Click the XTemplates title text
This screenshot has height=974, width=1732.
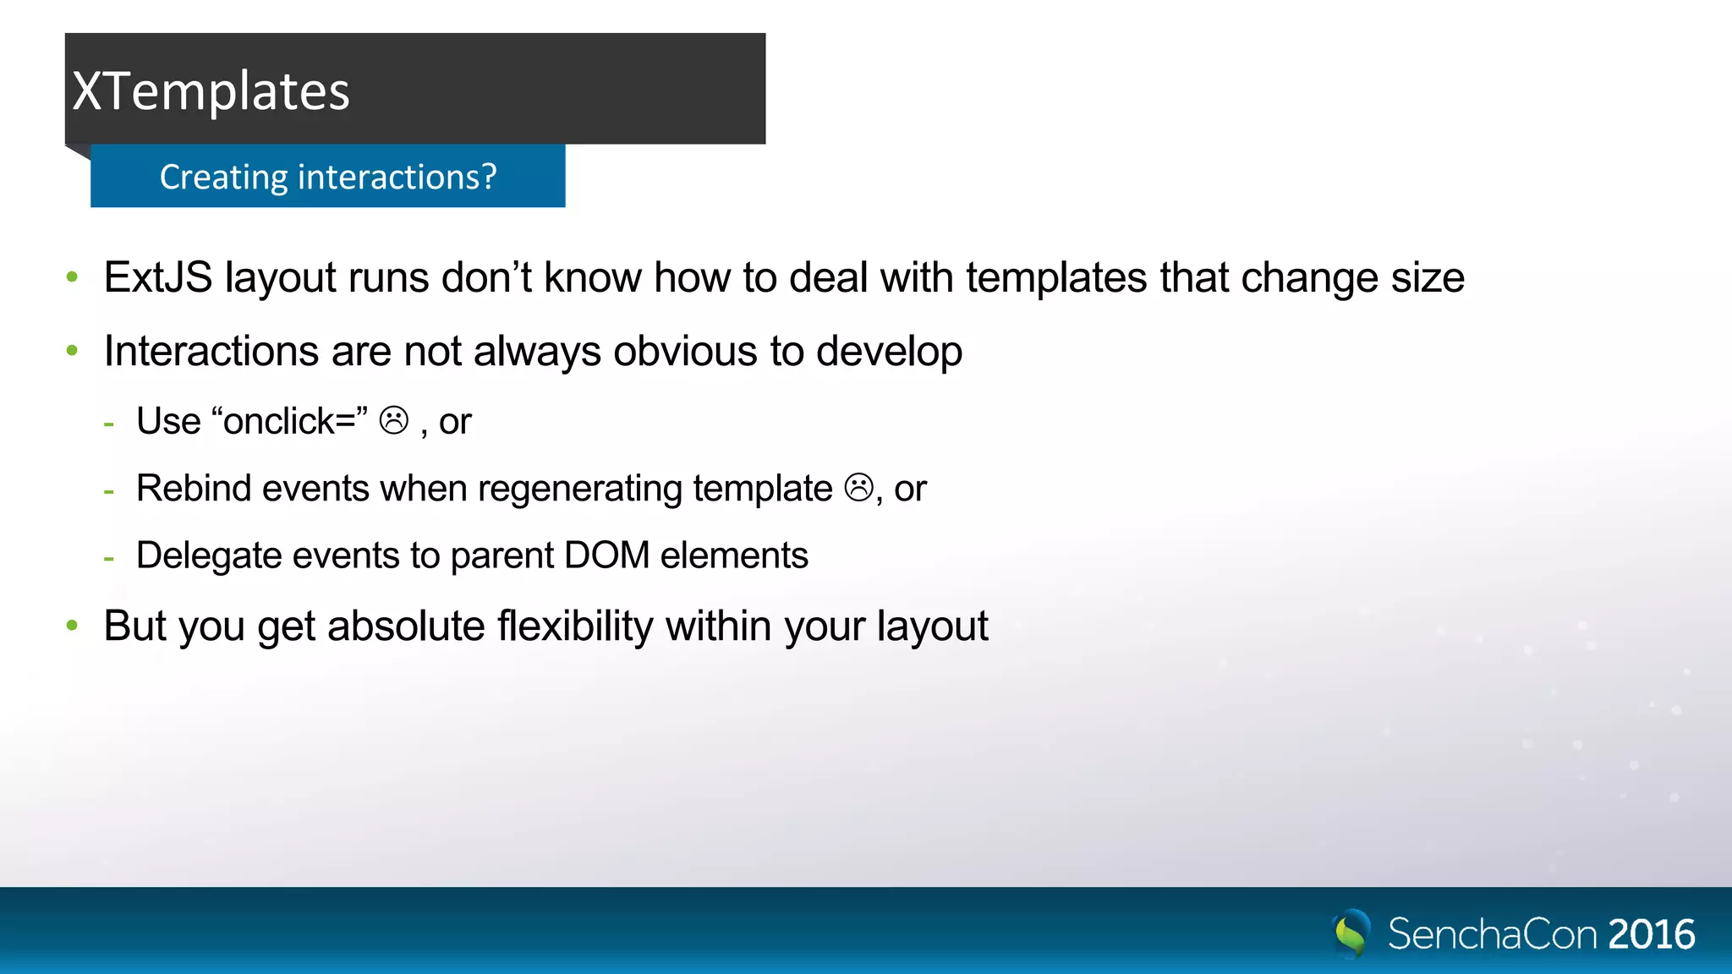tap(211, 91)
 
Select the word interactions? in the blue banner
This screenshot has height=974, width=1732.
tap(397, 178)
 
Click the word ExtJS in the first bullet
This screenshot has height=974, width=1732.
tap(158, 278)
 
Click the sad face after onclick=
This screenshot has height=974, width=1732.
tap(394, 420)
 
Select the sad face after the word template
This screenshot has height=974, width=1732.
tap(858, 488)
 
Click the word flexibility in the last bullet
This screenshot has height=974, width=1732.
tap(575, 627)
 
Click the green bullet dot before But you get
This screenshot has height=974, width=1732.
tap(73, 626)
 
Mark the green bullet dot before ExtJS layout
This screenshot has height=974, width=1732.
tap(73, 276)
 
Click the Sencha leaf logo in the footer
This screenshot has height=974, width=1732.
tap(1351, 933)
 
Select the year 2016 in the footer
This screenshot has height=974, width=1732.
tap(1651, 935)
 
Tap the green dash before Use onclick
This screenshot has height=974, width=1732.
tap(109, 423)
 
